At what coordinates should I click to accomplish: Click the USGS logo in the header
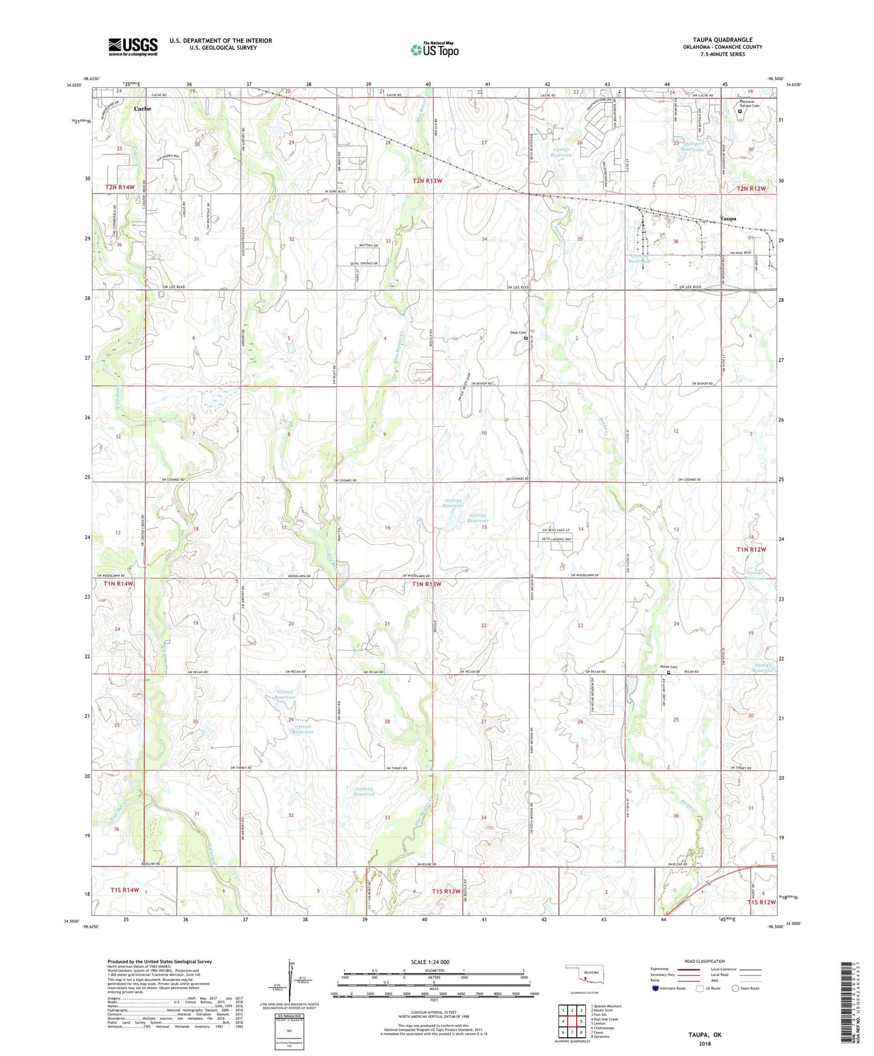pyautogui.click(x=133, y=47)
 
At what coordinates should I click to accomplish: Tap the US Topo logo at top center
pyautogui.click(x=434, y=50)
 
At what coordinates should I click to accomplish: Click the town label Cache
pyautogui.click(x=143, y=109)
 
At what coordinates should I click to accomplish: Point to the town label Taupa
pyautogui.click(x=728, y=219)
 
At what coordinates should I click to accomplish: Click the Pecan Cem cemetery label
pyautogui.click(x=668, y=667)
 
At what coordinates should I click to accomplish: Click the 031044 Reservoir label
pyautogui.click(x=454, y=503)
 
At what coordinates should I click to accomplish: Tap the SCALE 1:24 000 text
pyautogui.click(x=430, y=962)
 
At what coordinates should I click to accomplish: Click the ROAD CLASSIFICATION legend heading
pyautogui.click(x=705, y=961)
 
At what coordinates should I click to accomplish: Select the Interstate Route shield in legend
pyautogui.click(x=656, y=988)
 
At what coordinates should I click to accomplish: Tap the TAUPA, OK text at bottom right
pyautogui.click(x=705, y=1035)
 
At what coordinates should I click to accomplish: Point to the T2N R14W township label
pyautogui.click(x=120, y=187)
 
